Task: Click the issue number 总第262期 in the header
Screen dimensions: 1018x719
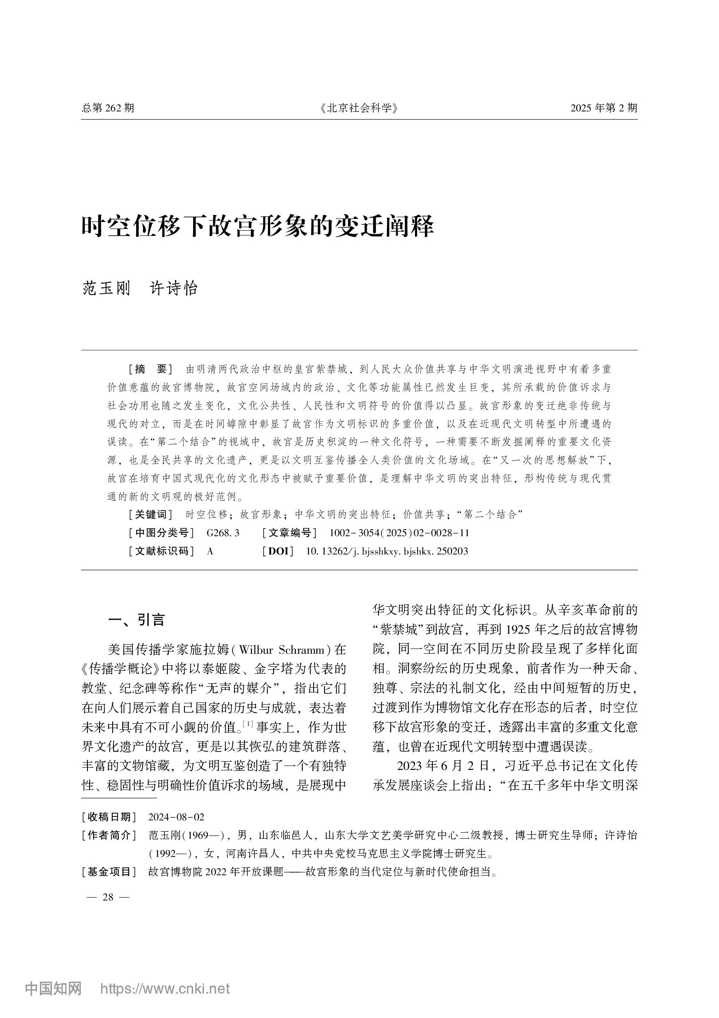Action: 107,108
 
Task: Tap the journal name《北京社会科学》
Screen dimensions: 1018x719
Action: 359,108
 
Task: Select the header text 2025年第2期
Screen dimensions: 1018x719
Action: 603,108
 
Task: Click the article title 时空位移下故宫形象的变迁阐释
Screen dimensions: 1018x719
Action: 258,227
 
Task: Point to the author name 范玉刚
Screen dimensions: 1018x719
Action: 106,288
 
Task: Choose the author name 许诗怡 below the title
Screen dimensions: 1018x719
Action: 174,288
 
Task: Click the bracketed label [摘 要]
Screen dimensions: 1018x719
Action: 150,369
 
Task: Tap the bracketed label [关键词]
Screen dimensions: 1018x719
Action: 150,514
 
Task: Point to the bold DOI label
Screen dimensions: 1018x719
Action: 278,551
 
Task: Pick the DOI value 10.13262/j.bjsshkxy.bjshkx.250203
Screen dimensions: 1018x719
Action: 387,551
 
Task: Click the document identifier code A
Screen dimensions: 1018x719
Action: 210,551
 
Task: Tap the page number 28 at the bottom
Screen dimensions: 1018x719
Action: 108,897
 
